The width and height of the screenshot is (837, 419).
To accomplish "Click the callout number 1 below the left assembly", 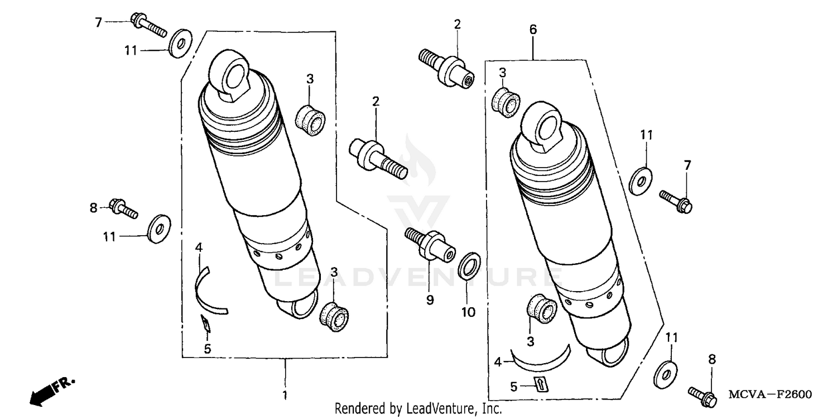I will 285,396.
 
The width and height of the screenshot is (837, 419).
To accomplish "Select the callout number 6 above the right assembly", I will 533,30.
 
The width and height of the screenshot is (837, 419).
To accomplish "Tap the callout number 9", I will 430,300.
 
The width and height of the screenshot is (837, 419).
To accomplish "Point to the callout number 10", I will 468,312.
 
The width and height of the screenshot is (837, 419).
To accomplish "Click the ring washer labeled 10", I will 469,265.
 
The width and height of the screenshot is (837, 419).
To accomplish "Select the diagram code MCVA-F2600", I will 770,394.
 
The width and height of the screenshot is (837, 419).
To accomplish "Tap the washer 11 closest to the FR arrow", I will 159,227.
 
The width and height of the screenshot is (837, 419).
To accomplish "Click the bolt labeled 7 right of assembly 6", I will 676,201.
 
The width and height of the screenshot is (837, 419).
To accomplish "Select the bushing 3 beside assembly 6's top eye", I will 506,102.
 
